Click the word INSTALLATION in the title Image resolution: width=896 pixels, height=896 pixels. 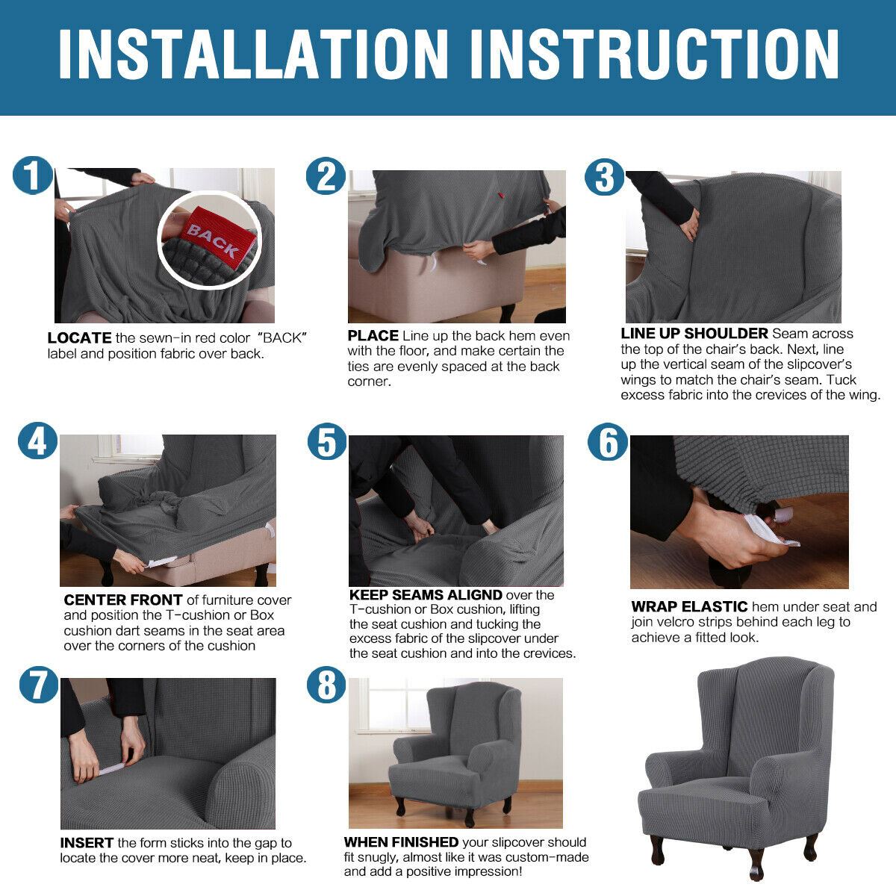point(254,54)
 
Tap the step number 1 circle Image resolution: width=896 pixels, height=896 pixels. point(32,175)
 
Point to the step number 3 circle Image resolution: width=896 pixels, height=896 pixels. point(603,177)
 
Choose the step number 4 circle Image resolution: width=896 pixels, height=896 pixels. point(37,441)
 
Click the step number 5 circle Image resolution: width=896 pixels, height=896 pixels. point(327,441)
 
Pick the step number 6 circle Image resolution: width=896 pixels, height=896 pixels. point(607,441)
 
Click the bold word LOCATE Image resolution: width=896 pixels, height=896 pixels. point(79,338)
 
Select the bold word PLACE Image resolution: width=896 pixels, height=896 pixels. point(373,335)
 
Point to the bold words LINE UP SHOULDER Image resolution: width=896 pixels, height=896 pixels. point(694,333)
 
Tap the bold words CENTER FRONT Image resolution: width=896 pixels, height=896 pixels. point(122,600)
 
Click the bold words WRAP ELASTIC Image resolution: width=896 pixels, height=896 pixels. point(689,606)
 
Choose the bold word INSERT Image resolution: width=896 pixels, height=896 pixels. point(87,842)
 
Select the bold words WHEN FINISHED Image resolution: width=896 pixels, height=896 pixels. point(401,841)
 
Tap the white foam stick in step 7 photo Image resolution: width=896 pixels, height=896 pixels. point(111,768)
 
